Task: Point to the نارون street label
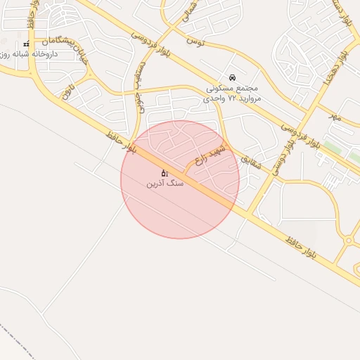[67, 90]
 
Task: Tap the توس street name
[195, 41]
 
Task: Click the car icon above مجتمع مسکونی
[232, 77]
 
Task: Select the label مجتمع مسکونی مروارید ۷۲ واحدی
[233, 94]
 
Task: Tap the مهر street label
[335, 117]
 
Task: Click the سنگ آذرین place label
[165, 183]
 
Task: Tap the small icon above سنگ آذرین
[165, 172]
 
